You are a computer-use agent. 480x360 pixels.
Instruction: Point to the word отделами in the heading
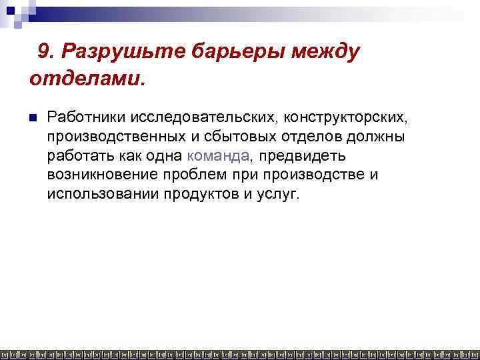[83, 79]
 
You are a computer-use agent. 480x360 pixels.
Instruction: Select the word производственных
[121, 137]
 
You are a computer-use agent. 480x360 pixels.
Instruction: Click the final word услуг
[278, 194]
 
